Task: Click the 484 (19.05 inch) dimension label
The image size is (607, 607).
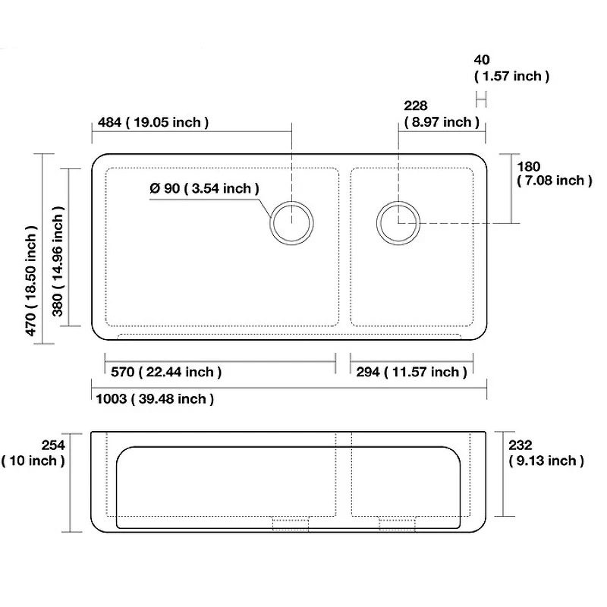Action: [153, 122]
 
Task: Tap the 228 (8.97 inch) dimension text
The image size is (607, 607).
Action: [442, 114]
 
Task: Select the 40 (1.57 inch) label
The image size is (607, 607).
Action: [511, 68]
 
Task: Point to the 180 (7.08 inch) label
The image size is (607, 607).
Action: [555, 174]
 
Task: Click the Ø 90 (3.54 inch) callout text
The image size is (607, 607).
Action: [204, 188]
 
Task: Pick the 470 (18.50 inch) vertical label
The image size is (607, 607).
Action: [30, 281]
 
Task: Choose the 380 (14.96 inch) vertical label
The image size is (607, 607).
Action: [58, 261]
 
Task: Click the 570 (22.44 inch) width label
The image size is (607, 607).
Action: [166, 372]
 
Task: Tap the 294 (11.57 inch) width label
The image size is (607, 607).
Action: [411, 372]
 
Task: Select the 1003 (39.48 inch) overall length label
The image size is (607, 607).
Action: [155, 399]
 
